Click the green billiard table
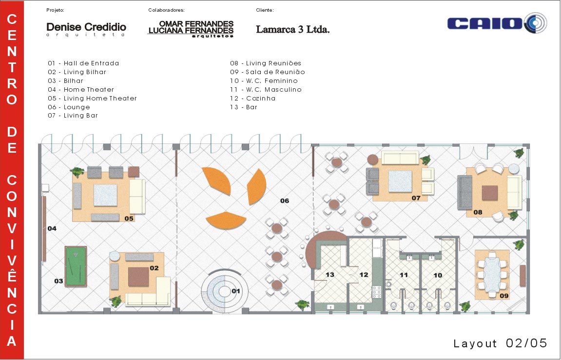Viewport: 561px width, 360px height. pyautogui.click(x=76, y=266)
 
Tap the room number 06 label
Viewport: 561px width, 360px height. pyautogui.click(x=285, y=200)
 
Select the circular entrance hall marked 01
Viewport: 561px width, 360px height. pyautogui.click(x=224, y=291)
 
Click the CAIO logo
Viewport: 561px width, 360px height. pyautogui.click(x=497, y=23)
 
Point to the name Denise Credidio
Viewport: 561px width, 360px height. pyautogui.click(x=86, y=27)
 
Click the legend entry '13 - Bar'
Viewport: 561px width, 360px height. pyautogui.click(x=244, y=107)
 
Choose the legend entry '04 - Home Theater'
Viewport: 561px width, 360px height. pyautogui.click(x=81, y=90)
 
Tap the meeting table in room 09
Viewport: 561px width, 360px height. pyautogui.click(x=492, y=274)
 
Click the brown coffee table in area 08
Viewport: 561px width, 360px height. pyautogui.click(x=489, y=193)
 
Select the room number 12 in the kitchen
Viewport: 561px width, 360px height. pyautogui.click(x=364, y=275)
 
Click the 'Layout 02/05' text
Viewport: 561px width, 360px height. pyautogui.click(x=500, y=343)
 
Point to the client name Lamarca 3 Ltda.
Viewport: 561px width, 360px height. pyautogui.click(x=292, y=29)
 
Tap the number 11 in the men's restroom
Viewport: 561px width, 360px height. pyautogui.click(x=404, y=275)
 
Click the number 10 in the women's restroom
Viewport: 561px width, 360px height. pyautogui.click(x=438, y=275)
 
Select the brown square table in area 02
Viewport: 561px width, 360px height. pyautogui.click(x=138, y=277)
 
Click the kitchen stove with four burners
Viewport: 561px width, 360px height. pyautogui.click(x=377, y=292)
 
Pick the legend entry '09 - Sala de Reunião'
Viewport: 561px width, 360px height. pyautogui.click(x=267, y=72)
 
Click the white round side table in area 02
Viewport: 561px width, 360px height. pyautogui.click(x=115, y=257)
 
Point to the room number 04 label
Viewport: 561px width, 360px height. pyautogui.click(x=52, y=228)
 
